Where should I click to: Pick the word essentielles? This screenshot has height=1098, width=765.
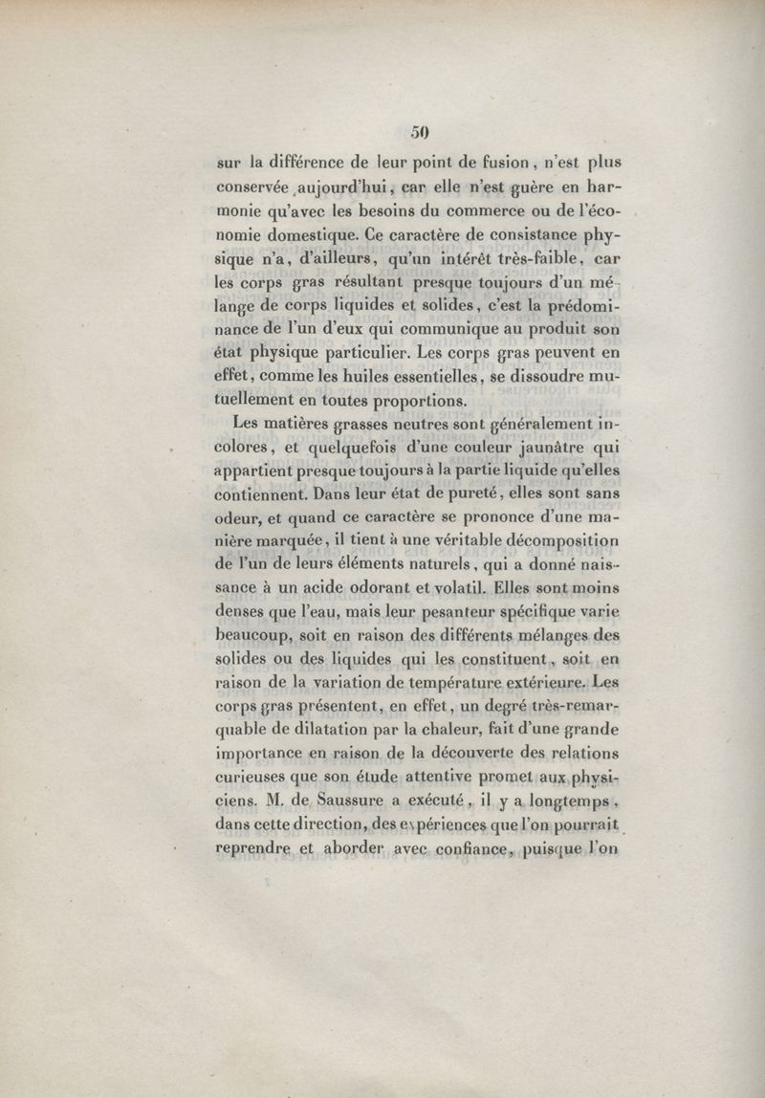tap(427, 378)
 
